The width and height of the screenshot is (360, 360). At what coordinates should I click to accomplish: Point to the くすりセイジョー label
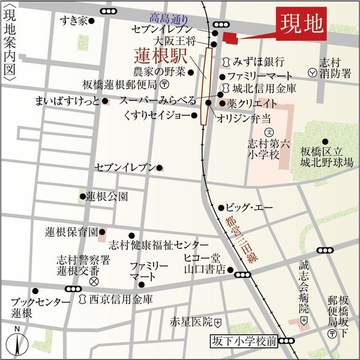coord(157,115)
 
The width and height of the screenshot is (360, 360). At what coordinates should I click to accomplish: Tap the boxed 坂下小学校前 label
coord(244,341)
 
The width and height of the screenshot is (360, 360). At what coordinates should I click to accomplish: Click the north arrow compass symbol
coord(17,343)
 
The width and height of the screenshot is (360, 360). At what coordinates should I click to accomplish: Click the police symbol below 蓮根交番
coord(94,281)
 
